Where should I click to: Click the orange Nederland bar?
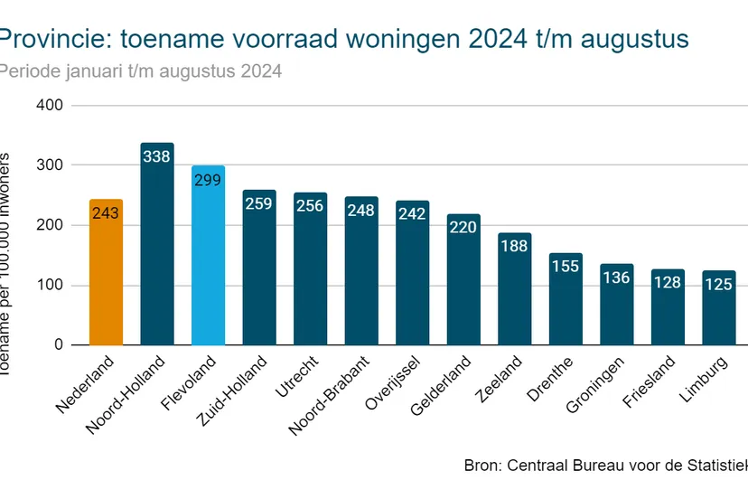(107, 272)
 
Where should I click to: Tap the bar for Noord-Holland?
(157, 244)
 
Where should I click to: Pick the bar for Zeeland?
(515, 289)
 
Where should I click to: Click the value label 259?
(259, 204)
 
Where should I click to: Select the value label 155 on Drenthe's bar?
(566, 267)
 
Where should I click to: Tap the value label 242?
(413, 214)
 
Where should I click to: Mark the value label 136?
(617, 278)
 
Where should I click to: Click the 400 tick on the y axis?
(49, 106)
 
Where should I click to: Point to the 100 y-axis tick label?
(49, 286)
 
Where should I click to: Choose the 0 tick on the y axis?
(58, 345)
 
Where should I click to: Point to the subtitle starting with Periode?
(140, 71)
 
